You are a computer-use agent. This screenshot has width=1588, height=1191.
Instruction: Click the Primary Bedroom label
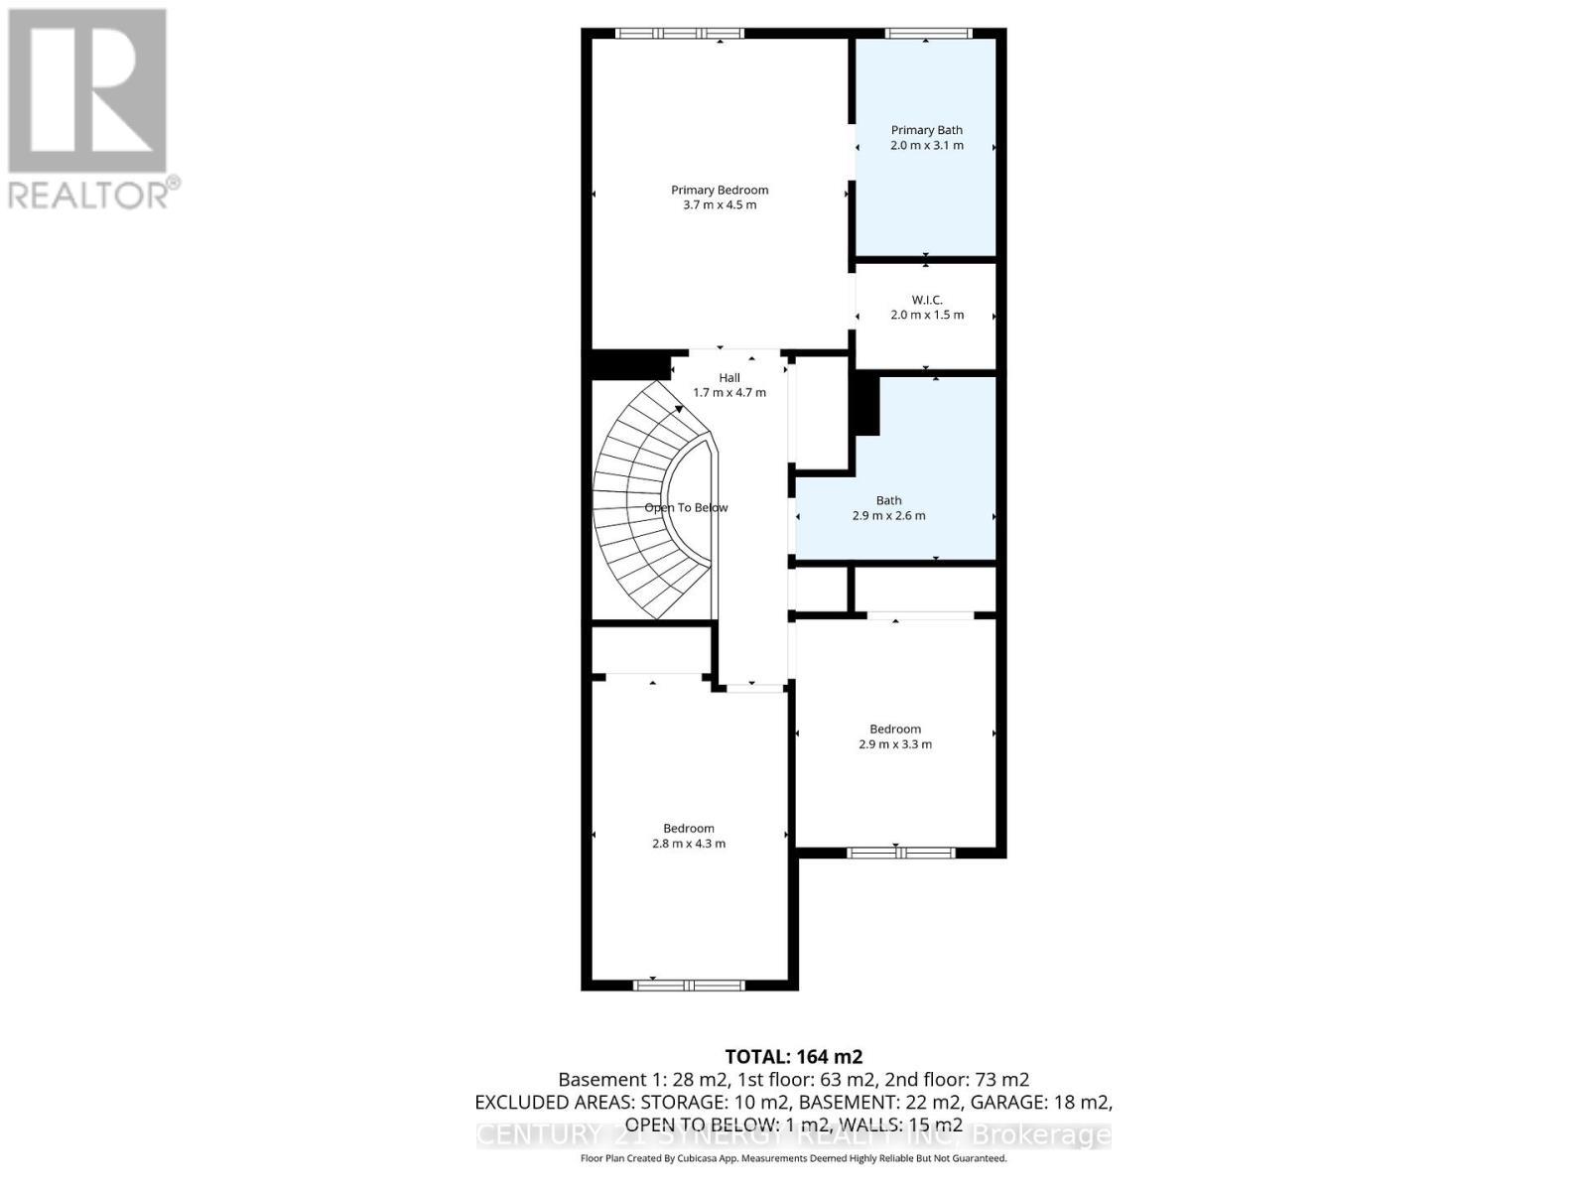click(720, 190)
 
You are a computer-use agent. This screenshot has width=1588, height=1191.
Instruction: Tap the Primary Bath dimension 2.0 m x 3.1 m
click(926, 145)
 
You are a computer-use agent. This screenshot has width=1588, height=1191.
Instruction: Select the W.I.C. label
click(926, 300)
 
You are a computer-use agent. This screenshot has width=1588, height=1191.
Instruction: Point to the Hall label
click(729, 377)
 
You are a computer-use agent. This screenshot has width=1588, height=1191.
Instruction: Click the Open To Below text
click(686, 507)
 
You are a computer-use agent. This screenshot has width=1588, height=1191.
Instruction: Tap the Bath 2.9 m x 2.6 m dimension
click(888, 515)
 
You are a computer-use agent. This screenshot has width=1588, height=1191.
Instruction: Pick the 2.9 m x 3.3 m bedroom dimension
click(894, 744)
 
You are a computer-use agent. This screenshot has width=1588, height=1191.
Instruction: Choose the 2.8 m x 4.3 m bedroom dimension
click(688, 844)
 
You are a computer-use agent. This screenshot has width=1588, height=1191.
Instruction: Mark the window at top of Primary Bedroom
click(679, 34)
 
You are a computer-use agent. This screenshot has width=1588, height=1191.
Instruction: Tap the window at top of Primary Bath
click(928, 34)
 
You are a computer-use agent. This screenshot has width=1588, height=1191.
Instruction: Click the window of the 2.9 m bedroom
click(900, 853)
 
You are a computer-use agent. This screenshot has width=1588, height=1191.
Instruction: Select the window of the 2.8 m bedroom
click(689, 985)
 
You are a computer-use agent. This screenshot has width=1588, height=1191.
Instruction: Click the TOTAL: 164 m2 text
click(793, 1057)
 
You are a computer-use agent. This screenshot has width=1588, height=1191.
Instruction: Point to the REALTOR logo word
click(89, 194)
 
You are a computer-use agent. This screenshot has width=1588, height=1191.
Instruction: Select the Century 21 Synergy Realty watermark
click(793, 1134)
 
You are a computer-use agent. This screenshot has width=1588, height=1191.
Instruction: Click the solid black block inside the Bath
click(866, 405)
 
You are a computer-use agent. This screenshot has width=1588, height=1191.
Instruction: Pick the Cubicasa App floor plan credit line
click(793, 1158)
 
